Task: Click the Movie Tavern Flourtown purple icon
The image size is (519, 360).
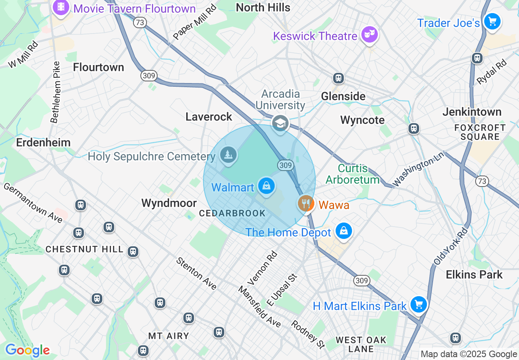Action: point(61,7)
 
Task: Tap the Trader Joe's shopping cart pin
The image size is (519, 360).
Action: point(492,21)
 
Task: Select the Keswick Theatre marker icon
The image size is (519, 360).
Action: point(370,36)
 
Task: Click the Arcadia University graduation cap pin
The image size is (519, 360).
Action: point(280,123)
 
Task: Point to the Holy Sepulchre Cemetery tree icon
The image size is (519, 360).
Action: point(228,155)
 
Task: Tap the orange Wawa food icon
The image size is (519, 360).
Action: point(306,203)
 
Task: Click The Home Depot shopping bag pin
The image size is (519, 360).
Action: point(344,232)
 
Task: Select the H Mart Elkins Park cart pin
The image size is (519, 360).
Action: point(418,305)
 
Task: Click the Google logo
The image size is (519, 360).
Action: point(27,350)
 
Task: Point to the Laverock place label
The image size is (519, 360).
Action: point(209,117)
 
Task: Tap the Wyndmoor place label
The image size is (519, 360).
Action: point(169,203)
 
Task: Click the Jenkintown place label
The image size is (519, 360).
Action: point(472,112)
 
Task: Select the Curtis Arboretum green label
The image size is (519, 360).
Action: point(353,174)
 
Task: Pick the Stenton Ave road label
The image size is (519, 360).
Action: point(196,274)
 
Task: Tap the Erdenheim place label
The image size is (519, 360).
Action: point(43,142)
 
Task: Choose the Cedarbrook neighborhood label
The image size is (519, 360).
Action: point(232,213)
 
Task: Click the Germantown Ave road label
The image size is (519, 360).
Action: point(33,203)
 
